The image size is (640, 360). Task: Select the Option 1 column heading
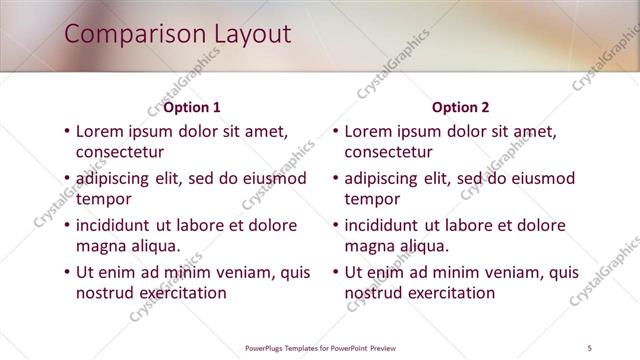click(192, 107)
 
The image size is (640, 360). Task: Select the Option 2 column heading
click(461, 107)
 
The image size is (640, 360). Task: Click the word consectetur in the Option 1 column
click(120, 152)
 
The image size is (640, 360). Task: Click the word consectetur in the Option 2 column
click(389, 152)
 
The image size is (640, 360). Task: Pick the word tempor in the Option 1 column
click(103, 199)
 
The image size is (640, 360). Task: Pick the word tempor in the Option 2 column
click(372, 199)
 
